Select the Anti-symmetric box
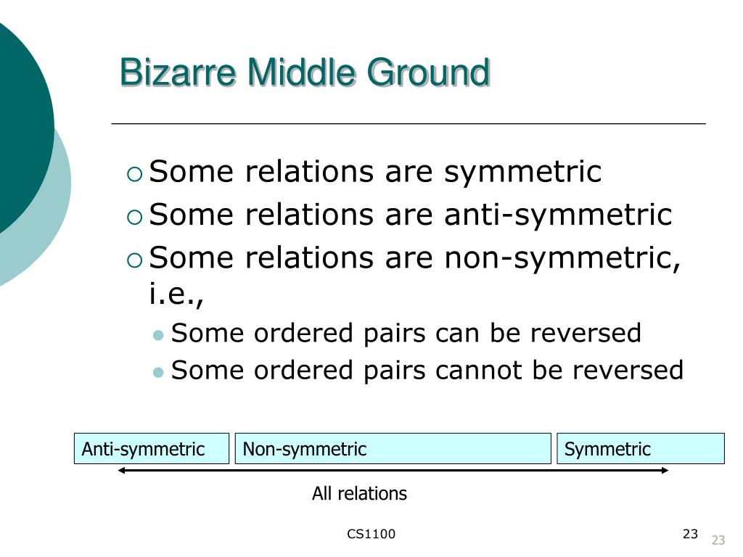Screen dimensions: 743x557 click(x=152, y=449)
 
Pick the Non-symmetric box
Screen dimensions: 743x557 click(x=393, y=449)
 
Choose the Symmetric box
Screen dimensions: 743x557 click(x=640, y=449)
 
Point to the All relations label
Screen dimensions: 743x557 click(x=359, y=494)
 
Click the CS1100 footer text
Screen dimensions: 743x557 click(x=371, y=535)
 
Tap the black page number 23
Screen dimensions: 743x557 click(x=690, y=535)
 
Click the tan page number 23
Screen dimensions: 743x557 click(x=718, y=540)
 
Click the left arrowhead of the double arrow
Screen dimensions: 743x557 click(x=123, y=471)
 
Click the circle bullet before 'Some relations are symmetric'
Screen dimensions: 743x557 click(x=134, y=173)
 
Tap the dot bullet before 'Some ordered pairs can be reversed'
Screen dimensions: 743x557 click(x=159, y=335)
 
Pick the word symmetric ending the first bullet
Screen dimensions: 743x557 click(x=523, y=173)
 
